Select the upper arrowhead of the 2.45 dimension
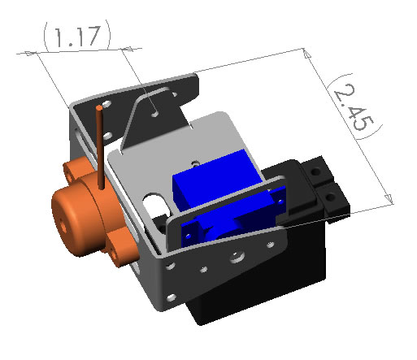tap(305, 52)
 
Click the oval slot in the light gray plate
tap(151, 202)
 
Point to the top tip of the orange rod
tap(99, 106)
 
